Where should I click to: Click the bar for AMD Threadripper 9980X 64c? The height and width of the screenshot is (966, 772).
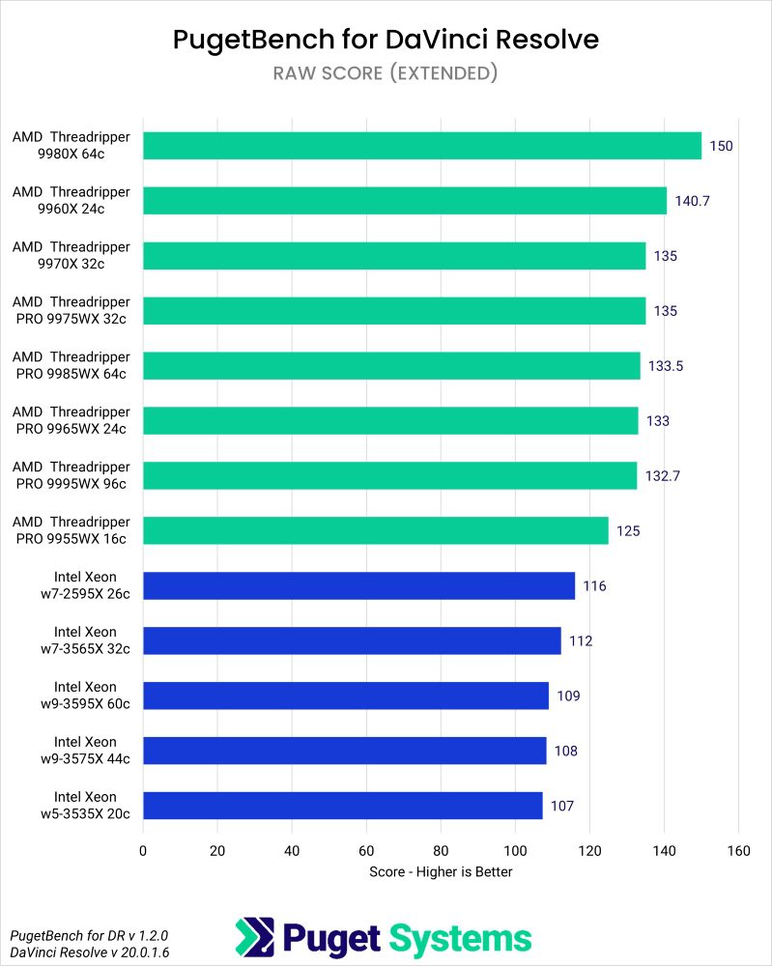422,146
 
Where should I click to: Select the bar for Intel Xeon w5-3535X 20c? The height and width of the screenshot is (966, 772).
343,806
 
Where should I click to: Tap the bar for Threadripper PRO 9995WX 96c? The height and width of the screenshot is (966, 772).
390,476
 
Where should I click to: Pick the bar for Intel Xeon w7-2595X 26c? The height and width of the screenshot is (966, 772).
359,586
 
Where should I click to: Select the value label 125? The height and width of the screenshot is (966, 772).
629,531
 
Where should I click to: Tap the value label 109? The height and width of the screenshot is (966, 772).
568,696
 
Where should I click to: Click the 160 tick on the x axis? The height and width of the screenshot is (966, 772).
738,851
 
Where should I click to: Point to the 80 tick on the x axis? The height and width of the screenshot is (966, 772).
441,851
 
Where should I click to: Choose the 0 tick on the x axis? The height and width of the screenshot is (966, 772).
143,851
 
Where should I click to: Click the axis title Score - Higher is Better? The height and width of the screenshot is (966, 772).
441,872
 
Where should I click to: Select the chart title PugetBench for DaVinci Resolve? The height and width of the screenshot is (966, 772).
386,40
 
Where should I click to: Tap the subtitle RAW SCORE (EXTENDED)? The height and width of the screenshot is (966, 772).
386,73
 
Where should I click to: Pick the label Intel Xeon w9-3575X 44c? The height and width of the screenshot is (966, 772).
85,751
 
